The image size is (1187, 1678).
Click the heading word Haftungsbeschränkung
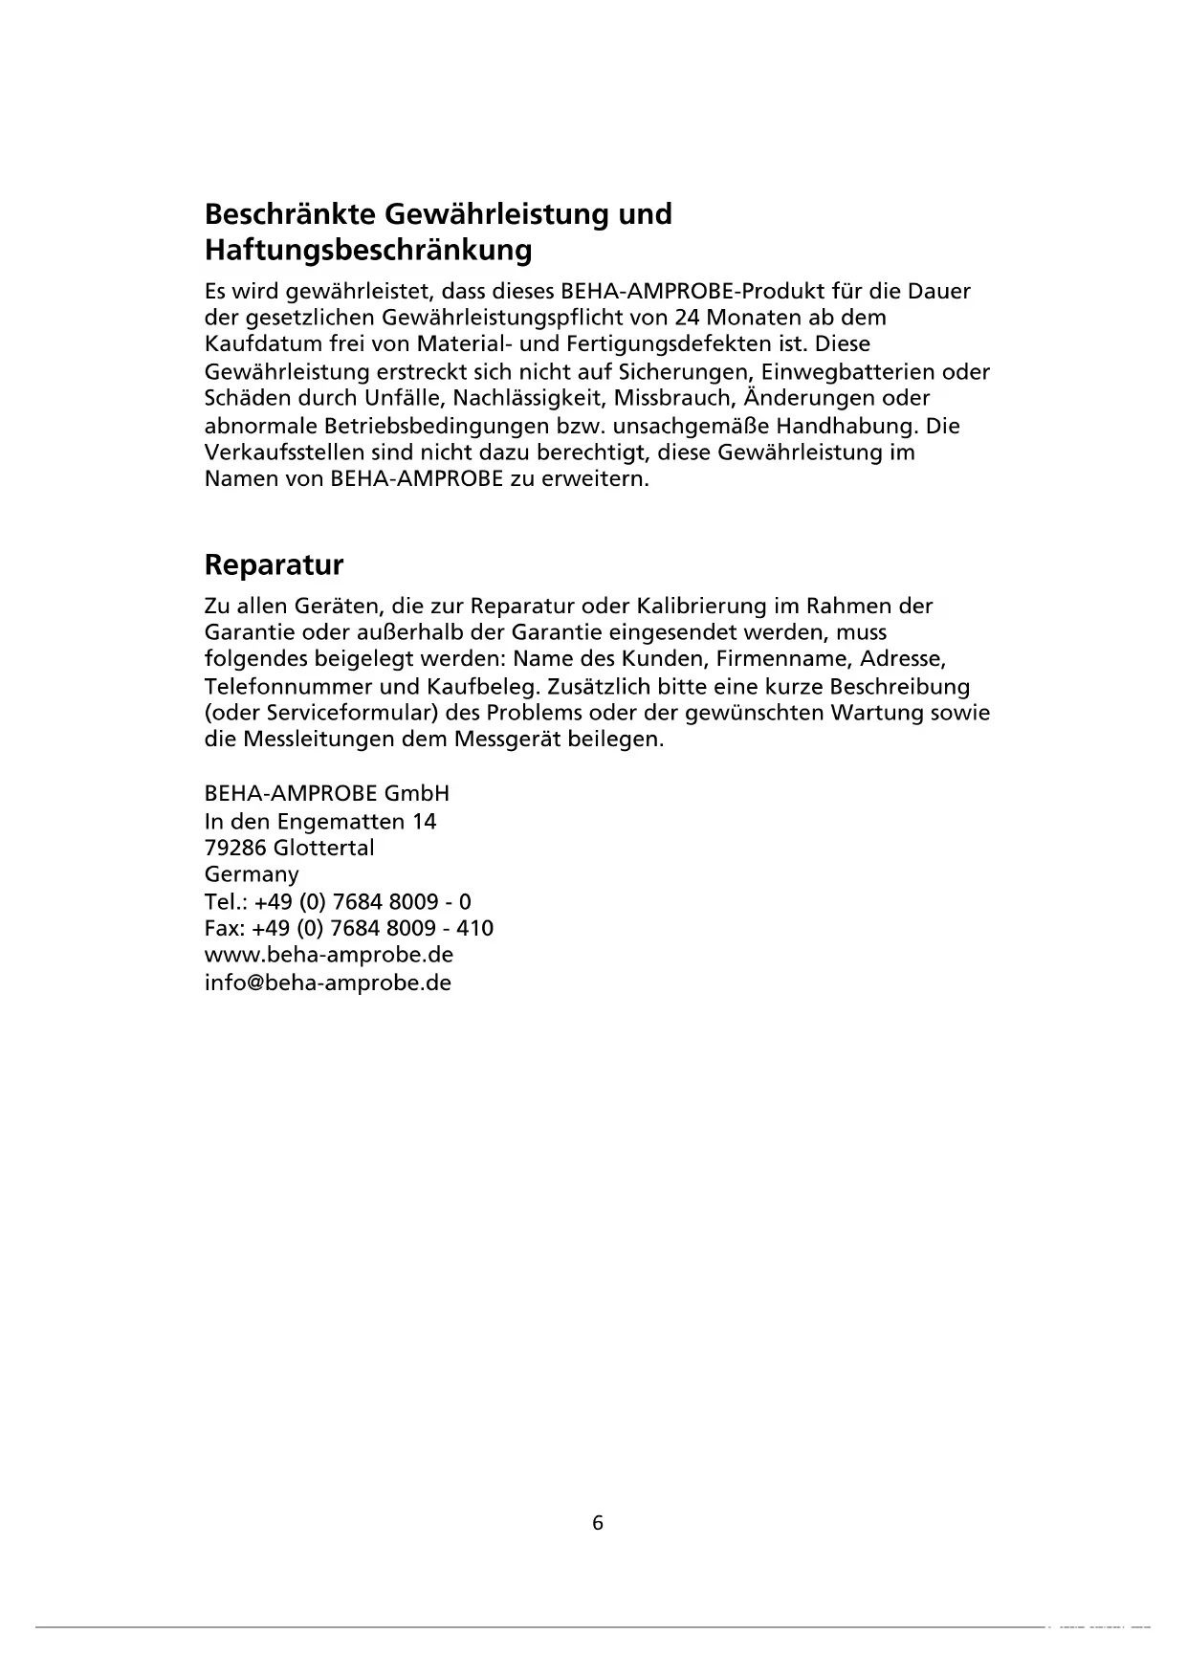[368, 251]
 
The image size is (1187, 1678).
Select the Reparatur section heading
[274, 565]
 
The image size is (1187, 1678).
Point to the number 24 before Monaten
[686, 318]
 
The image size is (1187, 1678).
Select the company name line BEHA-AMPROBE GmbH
[327, 794]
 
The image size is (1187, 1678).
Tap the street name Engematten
[341, 822]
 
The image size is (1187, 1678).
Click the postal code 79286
[235, 849]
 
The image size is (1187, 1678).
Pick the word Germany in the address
[252, 874]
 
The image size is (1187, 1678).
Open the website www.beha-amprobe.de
[329, 956]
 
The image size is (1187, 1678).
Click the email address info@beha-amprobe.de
[328, 983]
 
